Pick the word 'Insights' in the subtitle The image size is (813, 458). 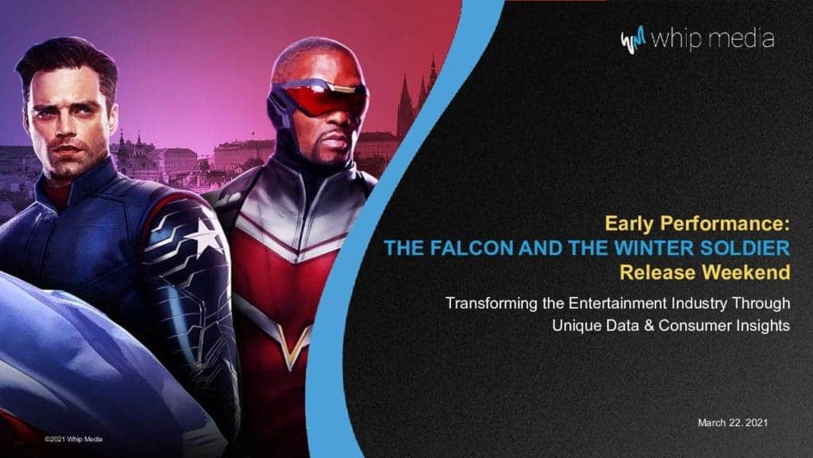pyautogui.click(x=764, y=325)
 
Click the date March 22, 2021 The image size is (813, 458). pyautogui.click(x=732, y=423)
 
